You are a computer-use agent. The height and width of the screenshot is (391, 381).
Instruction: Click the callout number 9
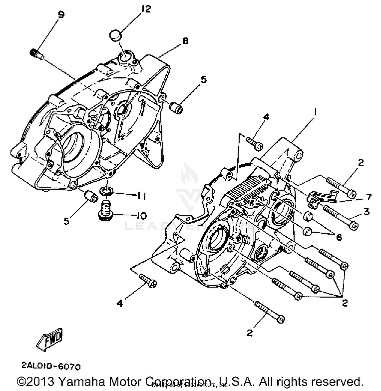coord(61,14)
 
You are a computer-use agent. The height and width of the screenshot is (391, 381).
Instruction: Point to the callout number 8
coord(185,41)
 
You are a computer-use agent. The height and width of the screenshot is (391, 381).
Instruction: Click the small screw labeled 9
coord(36,54)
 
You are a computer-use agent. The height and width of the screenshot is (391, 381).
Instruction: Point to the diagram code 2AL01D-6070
coord(51,366)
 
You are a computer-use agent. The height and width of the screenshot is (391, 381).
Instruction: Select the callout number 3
coord(366,211)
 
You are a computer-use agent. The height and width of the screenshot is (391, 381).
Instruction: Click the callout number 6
coord(339,237)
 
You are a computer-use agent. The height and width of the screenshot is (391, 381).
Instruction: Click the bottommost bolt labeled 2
coord(270,311)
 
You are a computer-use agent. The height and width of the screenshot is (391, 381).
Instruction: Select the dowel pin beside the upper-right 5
coord(176,107)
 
